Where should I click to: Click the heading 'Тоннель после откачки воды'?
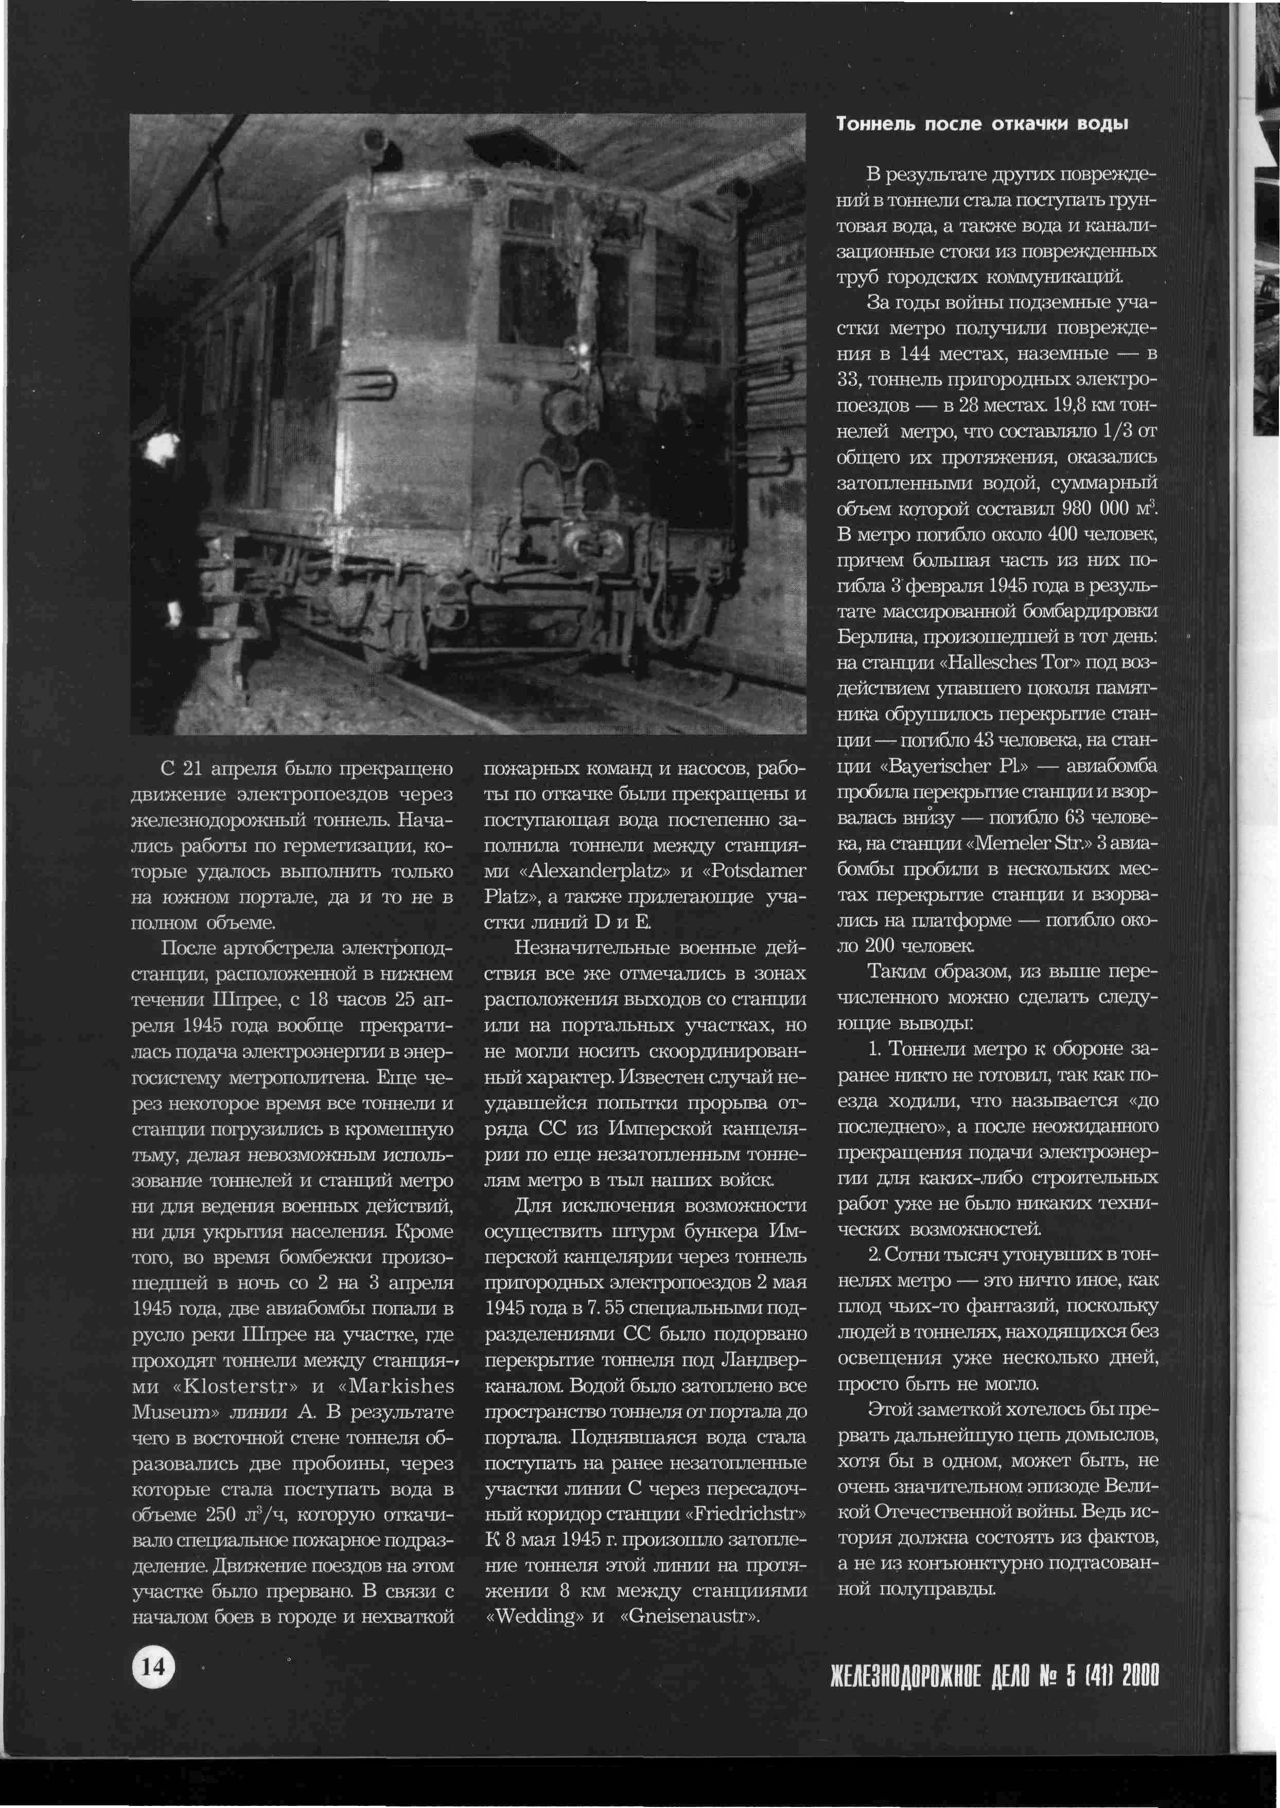tap(981, 125)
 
